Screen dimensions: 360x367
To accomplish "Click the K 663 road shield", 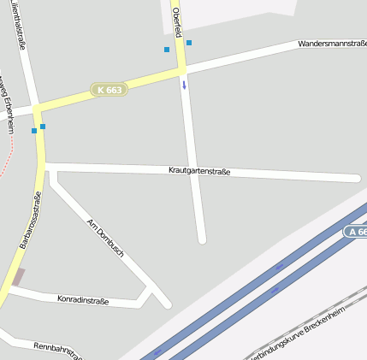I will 109,89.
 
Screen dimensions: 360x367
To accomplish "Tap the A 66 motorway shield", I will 357,232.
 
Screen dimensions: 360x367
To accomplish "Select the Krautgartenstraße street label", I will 199,172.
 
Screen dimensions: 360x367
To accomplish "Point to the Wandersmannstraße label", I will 332,43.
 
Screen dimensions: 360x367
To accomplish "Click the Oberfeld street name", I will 176,21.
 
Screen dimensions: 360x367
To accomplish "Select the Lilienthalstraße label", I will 17,26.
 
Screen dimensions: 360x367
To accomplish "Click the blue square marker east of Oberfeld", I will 189,43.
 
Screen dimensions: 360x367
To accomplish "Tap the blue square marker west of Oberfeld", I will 167,50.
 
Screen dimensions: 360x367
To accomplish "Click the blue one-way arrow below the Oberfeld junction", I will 183,85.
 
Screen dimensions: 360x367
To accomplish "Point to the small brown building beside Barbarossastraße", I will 17,277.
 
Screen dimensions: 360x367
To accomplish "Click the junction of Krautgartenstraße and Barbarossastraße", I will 41,163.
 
